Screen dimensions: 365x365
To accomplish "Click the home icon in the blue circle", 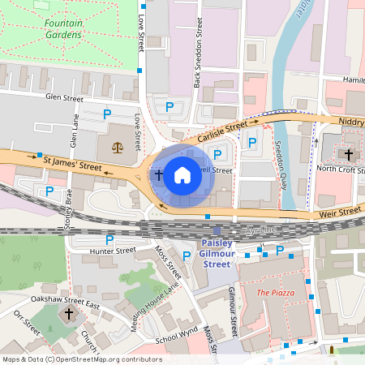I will coord(182,174).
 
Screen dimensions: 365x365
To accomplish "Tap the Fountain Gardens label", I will coord(62,30).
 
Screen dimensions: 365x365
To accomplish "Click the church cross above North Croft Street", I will coord(349,154).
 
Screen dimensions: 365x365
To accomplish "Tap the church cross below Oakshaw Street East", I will coord(69,313).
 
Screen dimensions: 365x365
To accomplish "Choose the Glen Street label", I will coord(65,98).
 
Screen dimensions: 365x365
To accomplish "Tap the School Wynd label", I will coord(178,333).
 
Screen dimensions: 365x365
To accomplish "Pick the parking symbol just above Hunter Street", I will coord(109,240).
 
